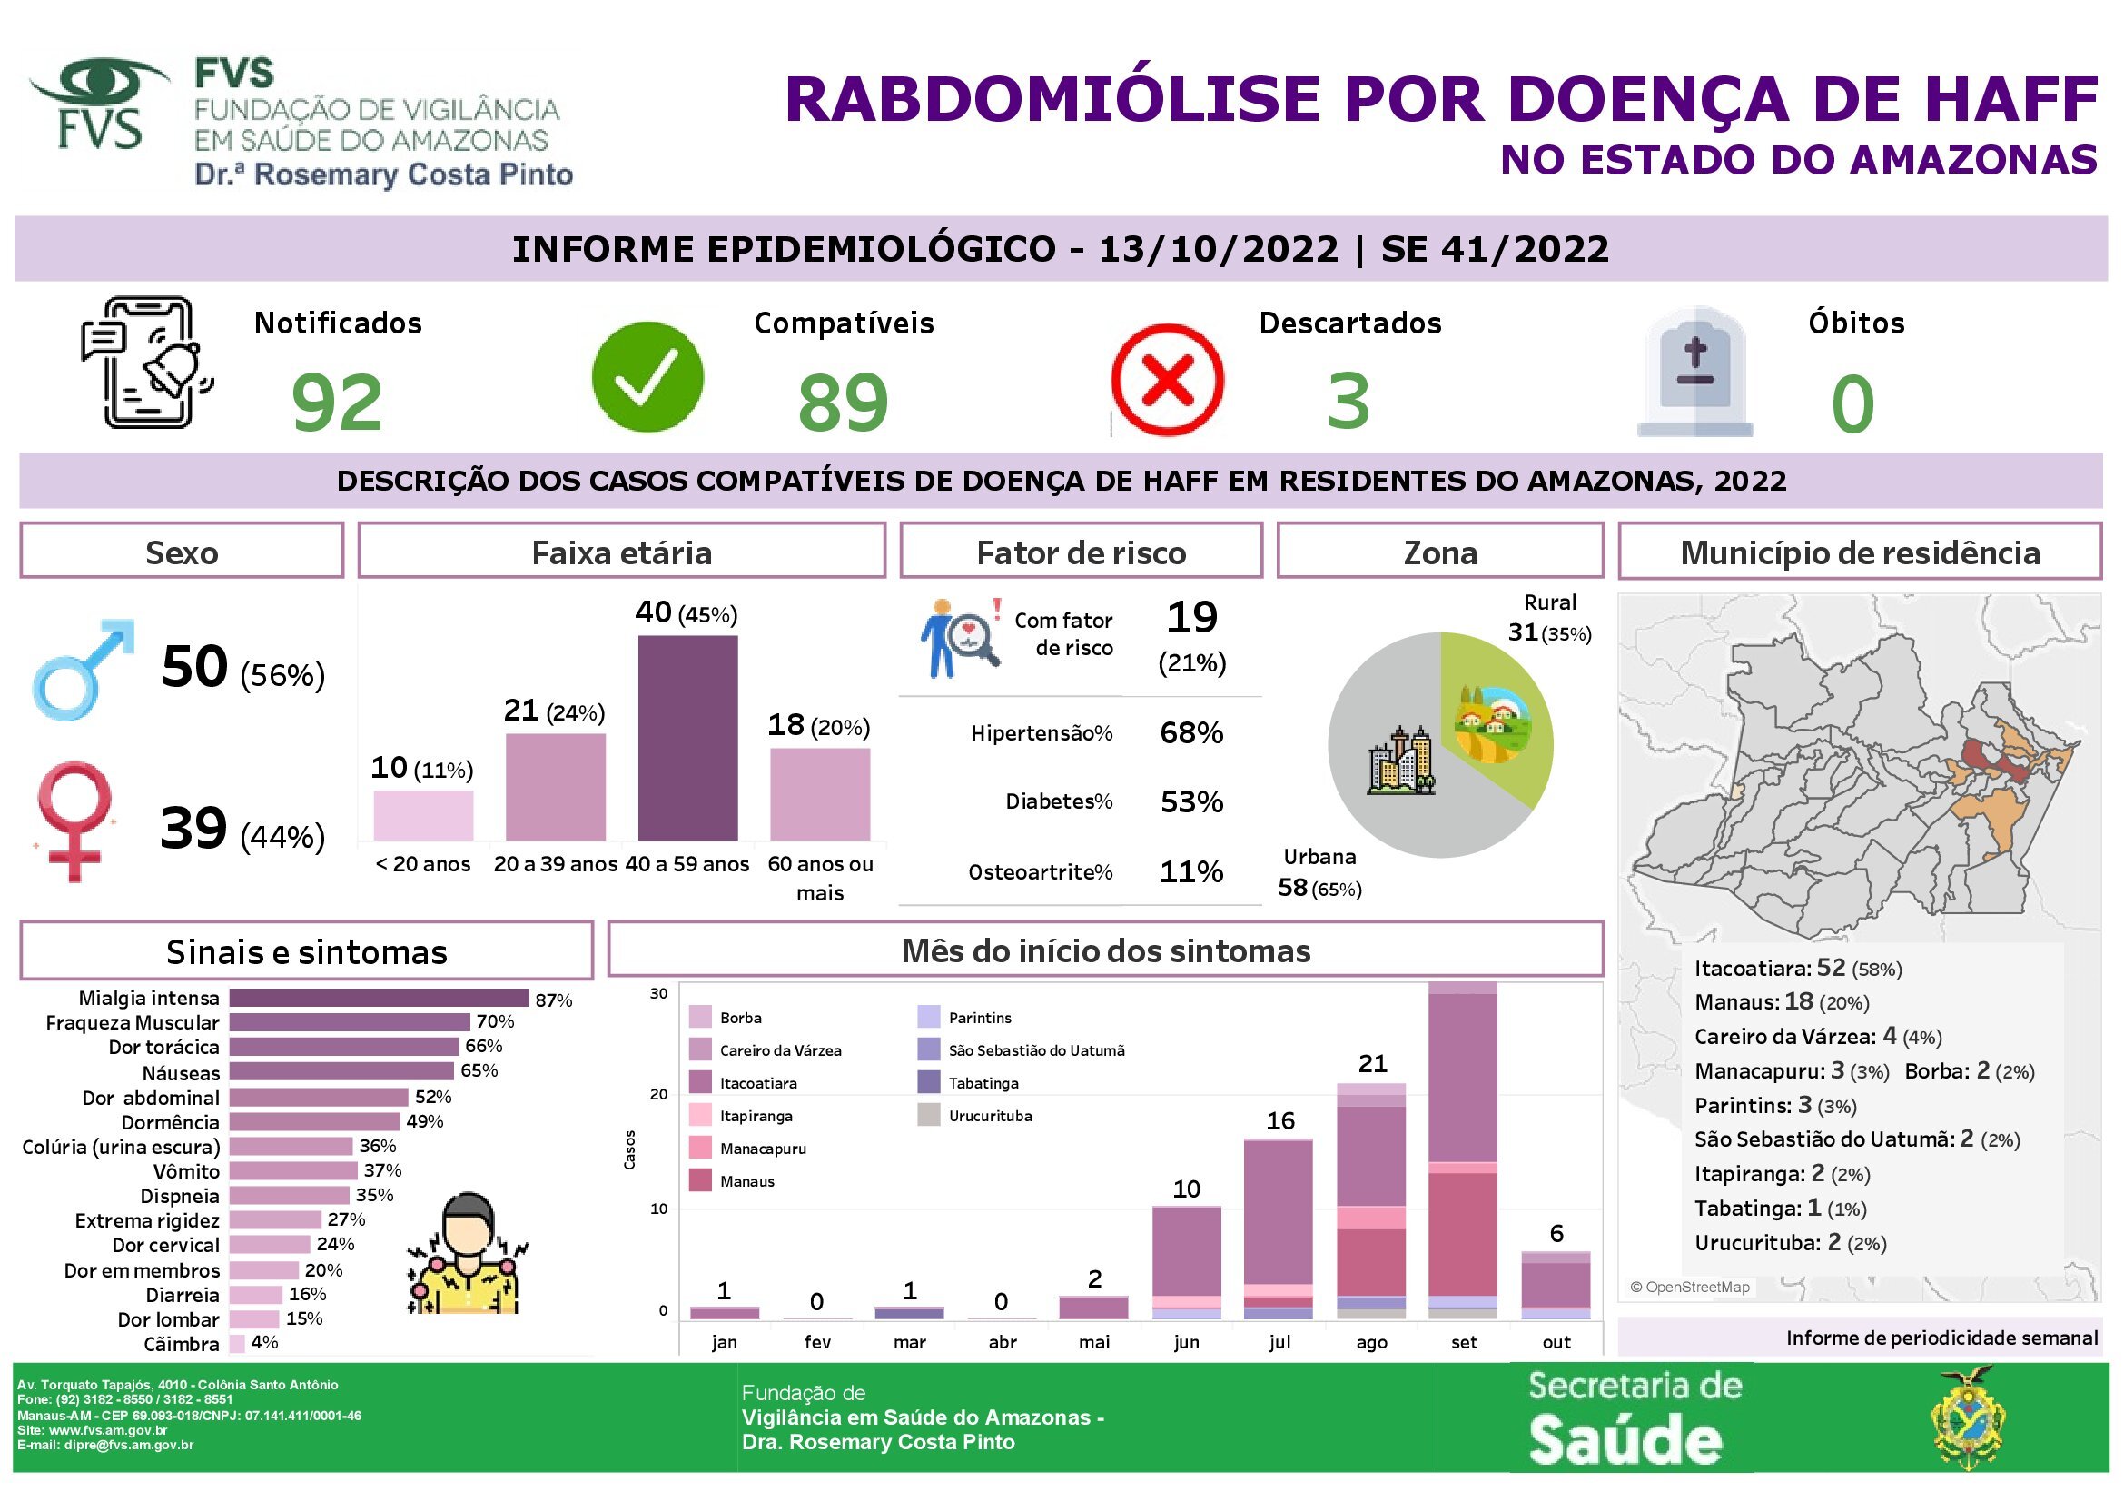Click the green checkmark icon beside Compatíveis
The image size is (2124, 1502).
click(647, 378)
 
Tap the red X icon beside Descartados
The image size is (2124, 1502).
click(1168, 380)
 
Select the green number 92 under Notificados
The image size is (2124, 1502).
click(337, 403)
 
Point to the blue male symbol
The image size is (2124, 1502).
click(82, 669)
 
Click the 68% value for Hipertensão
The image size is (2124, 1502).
click(1191, 733)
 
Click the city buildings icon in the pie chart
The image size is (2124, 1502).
click(1401, 760)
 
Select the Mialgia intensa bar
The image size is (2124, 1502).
click(380, 998)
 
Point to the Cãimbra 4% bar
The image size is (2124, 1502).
click(237, 1343)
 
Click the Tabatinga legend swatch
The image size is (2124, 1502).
click(929, 1082)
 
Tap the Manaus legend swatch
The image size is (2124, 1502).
click(700, 1181)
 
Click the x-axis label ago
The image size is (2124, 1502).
click(1371, 1342)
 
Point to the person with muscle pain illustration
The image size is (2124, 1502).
click(466, 1253)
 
